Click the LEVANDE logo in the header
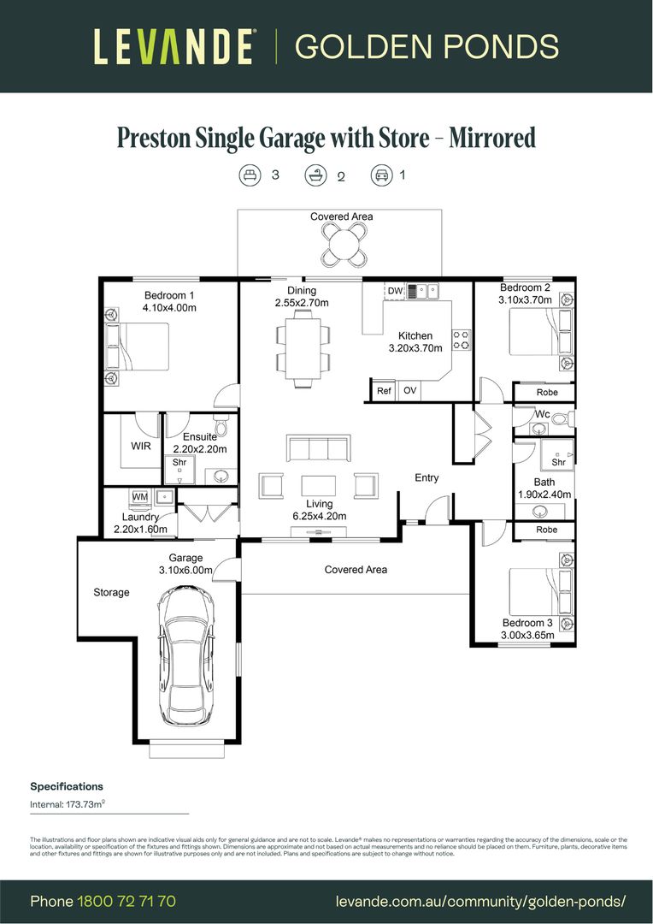point(174,46)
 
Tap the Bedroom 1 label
point(169,296)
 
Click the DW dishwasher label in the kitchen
point(394,292)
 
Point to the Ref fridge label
point(384,391)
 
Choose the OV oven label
point(409,391)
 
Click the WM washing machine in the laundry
point(139,496)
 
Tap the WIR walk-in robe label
point(141,446)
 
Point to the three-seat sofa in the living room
point(319,448)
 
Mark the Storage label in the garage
point(111,592)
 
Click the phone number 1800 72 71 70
point(126,901)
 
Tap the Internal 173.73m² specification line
point(68,805)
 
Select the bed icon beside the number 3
point(250,175)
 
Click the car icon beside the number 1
point(380,175)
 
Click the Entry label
point(427,477)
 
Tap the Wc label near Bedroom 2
point(542,415)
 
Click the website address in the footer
point(480,901)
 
